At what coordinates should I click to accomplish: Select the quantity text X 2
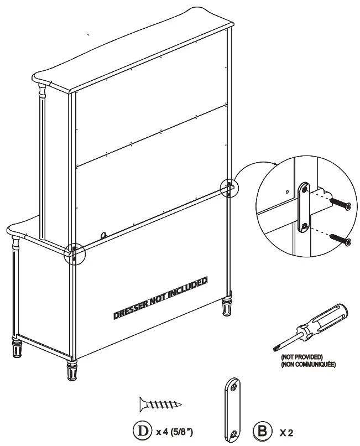click(x=286, y=431)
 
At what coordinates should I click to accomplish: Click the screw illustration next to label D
click(x=159, y=405)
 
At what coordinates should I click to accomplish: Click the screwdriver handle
click(x=326, y=315)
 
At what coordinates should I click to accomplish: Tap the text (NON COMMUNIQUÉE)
click(x=308, y=365)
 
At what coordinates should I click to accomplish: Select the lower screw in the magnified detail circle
click(x=341, y=240)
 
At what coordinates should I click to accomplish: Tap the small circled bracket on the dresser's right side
click(x=228, y=188)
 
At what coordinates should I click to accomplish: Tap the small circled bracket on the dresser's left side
click(x=74, y=253)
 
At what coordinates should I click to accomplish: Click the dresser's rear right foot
click(x=227, y=307)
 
